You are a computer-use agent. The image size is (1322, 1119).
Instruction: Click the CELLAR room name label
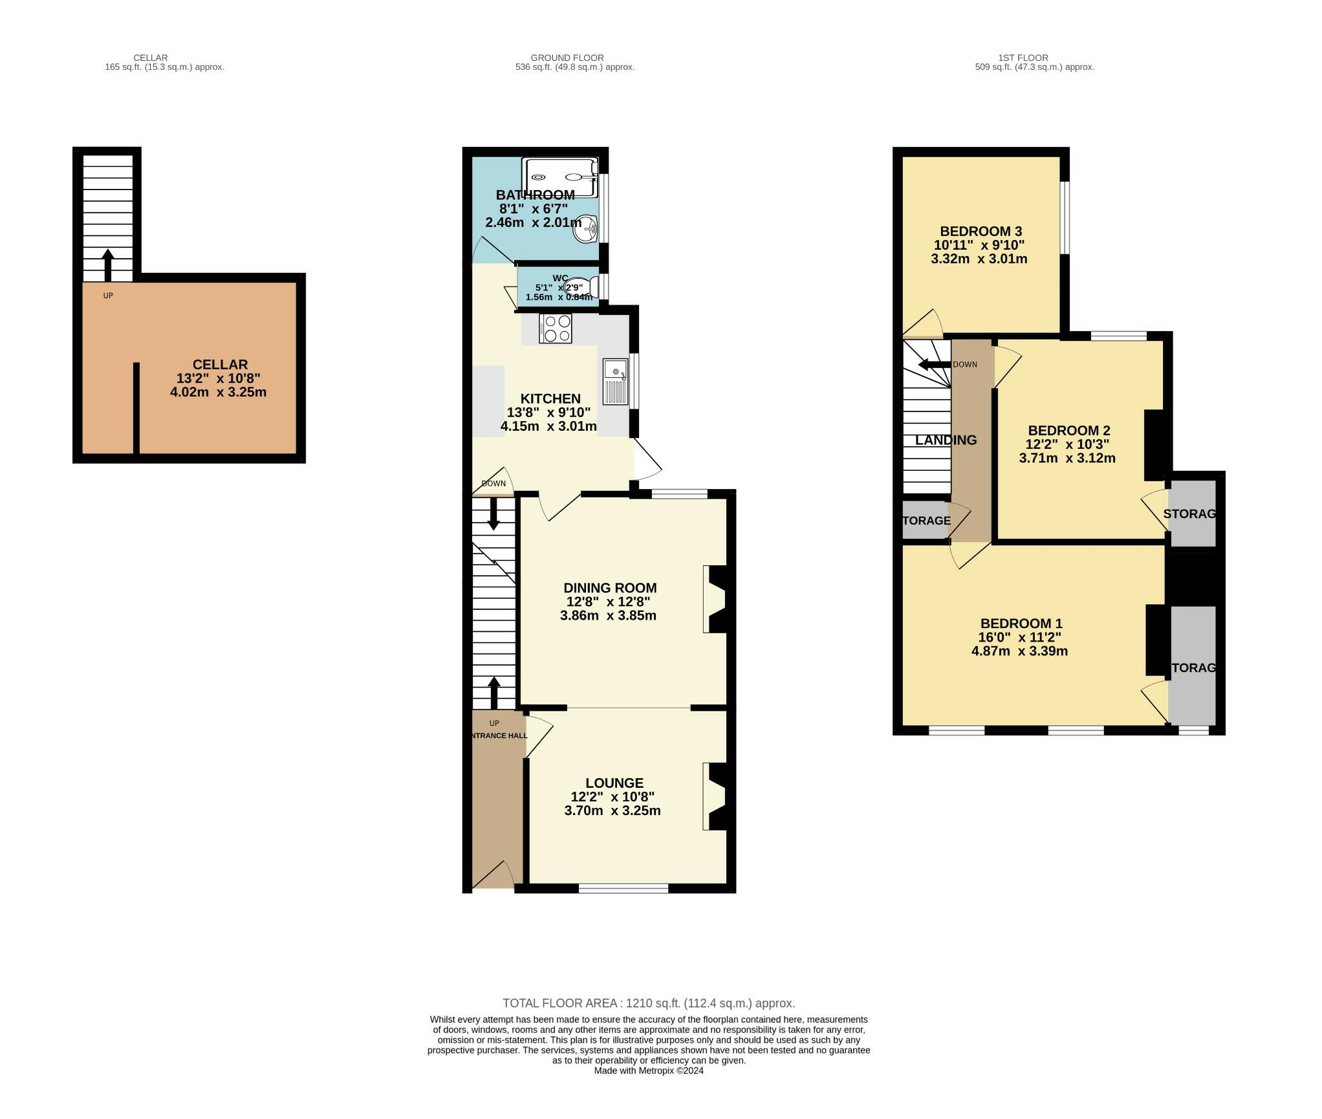coord(220,365)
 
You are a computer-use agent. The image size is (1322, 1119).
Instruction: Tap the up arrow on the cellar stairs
coord(108,265)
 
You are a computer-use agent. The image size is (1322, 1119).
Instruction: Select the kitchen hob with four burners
coord(556,328)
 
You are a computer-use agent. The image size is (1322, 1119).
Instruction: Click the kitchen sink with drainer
coord(615,382)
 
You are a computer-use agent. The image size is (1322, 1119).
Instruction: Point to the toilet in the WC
coord(579,287)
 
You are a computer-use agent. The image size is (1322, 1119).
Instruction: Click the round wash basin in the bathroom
coord(586,229)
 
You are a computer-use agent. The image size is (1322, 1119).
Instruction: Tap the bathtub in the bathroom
coord(559,177)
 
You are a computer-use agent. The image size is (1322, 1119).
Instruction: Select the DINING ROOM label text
coord(610,588)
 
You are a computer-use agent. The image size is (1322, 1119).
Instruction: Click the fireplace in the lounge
coord(717,796)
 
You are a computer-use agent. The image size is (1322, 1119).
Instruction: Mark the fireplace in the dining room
coord(717,599)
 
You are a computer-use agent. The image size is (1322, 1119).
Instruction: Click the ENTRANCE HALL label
coord(499,735)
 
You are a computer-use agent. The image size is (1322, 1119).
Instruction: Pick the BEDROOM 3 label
coord(981,232)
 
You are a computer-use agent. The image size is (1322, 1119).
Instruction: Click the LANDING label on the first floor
coord(946,440)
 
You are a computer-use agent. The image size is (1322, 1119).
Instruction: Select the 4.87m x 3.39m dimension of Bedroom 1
coord(1019,651)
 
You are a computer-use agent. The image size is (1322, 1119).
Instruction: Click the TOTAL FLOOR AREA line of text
coord(649,1003)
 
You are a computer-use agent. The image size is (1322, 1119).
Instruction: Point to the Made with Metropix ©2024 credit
coord(649,1070)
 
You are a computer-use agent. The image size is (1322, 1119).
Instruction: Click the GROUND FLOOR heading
coord(567,58)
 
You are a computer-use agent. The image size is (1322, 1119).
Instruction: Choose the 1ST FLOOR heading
coord(1023,58)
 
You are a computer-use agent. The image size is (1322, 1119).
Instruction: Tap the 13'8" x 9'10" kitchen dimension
coord(548,413)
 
